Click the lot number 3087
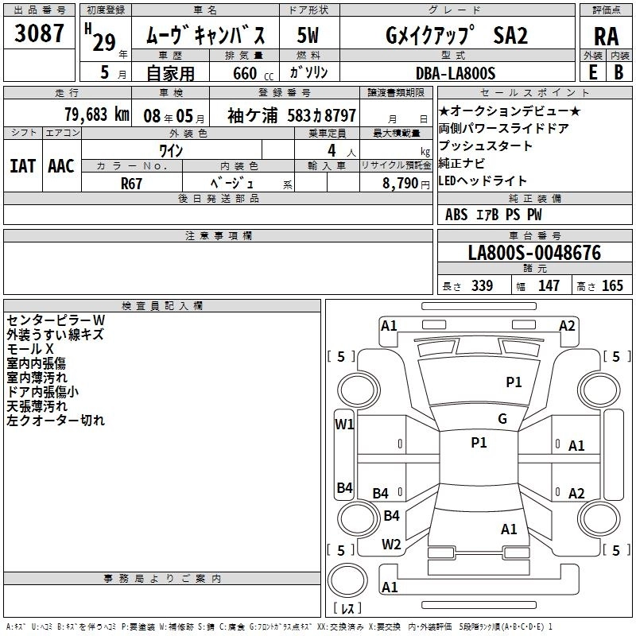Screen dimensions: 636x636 (39, 33)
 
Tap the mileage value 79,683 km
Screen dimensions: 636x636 (96, 114)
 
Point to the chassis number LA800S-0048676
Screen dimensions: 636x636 (534, 254)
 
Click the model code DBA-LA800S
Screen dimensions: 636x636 (455, 73)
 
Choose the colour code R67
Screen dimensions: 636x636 (132, 182)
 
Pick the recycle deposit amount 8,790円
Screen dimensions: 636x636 (405, 182)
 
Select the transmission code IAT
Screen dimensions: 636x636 (22, 165)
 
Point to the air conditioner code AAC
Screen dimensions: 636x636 (61, 165)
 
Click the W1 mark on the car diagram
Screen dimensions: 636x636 (344, 424)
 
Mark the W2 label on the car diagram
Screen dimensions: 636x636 (391, 544)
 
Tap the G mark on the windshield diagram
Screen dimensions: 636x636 (502, 419)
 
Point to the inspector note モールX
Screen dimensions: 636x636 (30, 348)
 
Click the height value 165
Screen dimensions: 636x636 (612, 286)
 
